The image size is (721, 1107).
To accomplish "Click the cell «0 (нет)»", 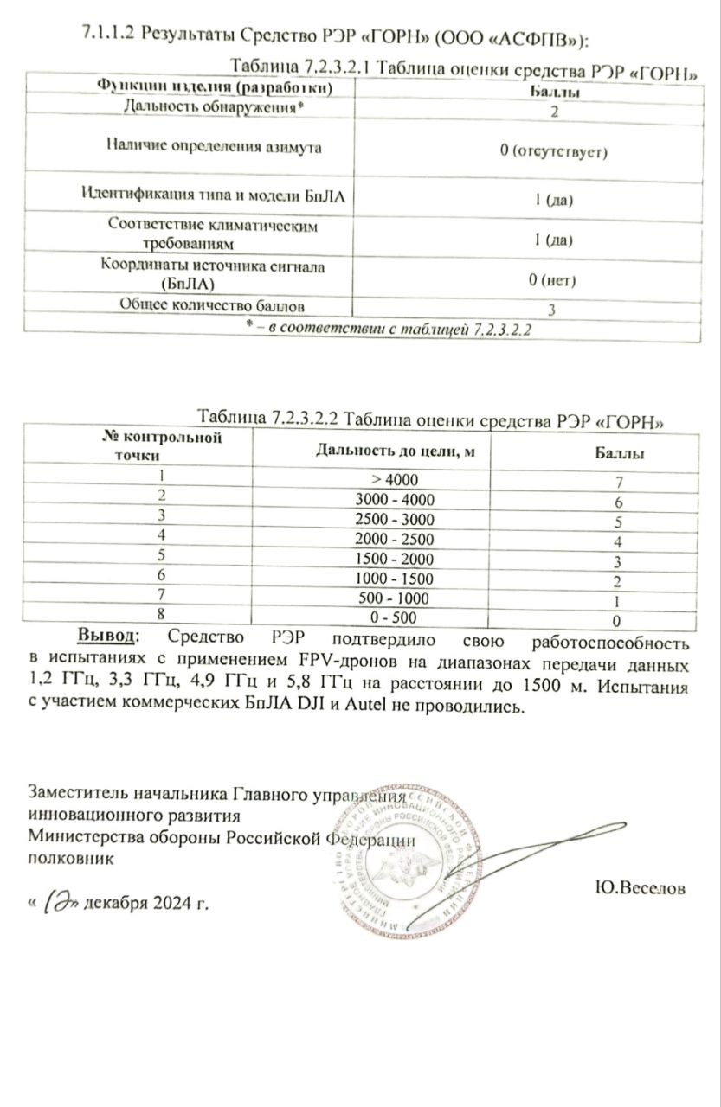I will pos(552,280).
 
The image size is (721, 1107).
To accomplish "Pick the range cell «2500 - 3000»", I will pos(396,519).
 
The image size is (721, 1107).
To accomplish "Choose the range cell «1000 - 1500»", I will pos(396,578).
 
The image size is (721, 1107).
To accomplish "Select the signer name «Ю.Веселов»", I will pos(641,888).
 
